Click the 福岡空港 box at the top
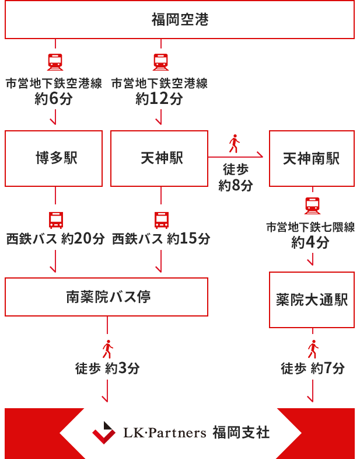click(x=180, y=20)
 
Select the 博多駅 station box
click(x=54, y=158)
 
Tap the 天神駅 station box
click(x=159, y=158)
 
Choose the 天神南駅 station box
click(x=312, y=158)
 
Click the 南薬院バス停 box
click(x=106, y=297)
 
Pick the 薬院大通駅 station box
click(x=312, y=300)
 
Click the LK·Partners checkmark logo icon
click(x=103, y=433)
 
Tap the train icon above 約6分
click(x=54, y=62)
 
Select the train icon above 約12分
click(x=159, y=62)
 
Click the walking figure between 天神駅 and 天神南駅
click(x=235, y=144)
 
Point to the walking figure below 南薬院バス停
click(x=107, y=349)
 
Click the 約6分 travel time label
click(x=53, y=99)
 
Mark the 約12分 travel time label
click(x=159, y=99)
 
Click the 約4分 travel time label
click(x=310, y=243)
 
